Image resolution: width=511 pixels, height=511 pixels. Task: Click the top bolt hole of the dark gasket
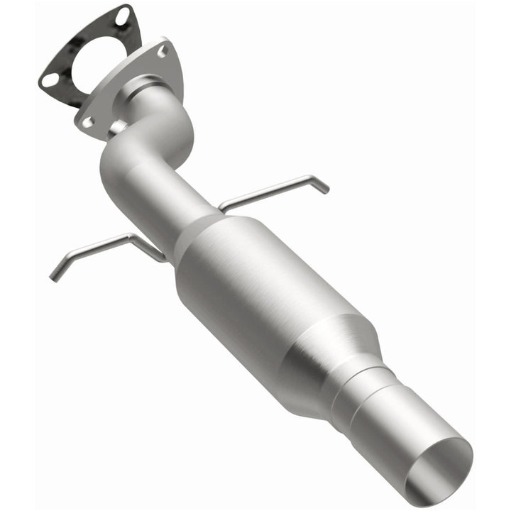tap(123, 14)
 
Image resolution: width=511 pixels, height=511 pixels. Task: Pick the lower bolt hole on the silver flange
tap(87, 122)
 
